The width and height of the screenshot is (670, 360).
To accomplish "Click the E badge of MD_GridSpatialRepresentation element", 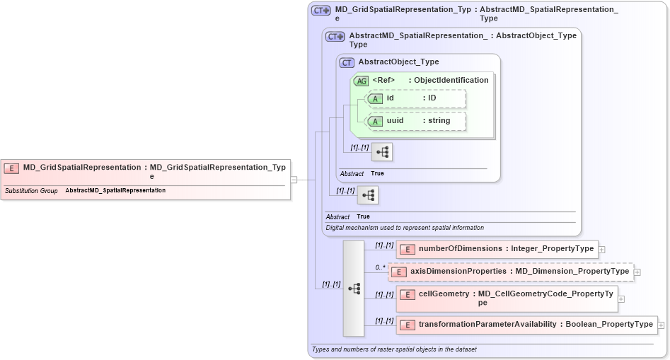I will click(11, 168).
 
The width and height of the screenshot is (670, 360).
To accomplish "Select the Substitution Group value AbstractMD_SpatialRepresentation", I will click(115, 191).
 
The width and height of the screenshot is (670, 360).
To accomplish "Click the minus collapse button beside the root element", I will click(294, 180).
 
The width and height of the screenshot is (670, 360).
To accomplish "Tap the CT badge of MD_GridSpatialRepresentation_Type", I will click(321, 11).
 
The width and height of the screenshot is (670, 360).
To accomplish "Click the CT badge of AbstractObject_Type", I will click(347, 62).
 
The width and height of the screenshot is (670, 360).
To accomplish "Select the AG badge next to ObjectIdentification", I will click(361, 81).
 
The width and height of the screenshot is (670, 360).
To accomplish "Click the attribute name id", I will click(390, 98).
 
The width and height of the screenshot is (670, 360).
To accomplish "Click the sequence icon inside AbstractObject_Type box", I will click(382, 152).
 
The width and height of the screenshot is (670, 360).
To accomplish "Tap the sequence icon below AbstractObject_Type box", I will click(368, 195).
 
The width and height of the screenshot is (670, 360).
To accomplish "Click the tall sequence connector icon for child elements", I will click(354, 289).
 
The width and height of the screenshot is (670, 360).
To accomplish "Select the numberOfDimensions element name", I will click(460, 249).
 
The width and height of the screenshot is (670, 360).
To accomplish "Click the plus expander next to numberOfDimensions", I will click(601, 250).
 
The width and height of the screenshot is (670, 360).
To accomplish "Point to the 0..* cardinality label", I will click(380, 268).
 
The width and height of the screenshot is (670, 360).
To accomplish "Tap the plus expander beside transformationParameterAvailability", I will click(661, 325).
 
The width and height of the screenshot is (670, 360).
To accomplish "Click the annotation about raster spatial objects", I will click(394, 349).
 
